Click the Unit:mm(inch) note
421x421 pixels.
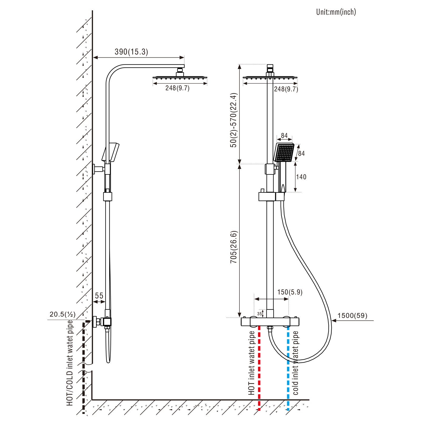[x=336, y=12]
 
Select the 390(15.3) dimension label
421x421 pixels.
[x=131, y=52]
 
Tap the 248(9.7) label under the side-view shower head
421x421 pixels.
[x=177, y=88]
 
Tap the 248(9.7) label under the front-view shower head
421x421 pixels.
[x=286, y=89]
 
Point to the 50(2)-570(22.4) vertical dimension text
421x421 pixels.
[x=233, y=120]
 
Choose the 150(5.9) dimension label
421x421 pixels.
[x=290, y=292]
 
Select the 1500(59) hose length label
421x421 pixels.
[x=352, y=315]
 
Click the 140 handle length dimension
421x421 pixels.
[x=301, y=177]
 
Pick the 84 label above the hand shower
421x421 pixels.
[x=284, y=136]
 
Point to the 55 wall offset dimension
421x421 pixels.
[x=99, y=296]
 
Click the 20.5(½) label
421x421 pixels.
[x=63, y=314]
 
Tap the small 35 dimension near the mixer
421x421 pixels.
[x=259, y=314]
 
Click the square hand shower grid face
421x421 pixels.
[x=284, y=153]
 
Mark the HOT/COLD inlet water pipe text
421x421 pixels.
[x=70, y=363]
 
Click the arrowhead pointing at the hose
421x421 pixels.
[x=334, y=320]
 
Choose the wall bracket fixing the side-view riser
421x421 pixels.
[x=99, y=169]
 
